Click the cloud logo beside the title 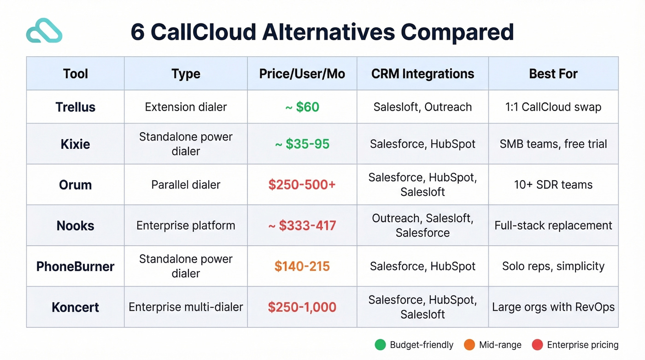(x=44, y=31)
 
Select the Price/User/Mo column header (x=302, y=74)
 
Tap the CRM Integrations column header (x=422, y=74)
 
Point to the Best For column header (x=553, y=74)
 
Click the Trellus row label (x=75, y=107)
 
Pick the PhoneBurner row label (x=75, y=266)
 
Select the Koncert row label (x=75, y=307)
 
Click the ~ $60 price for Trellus (x=302, y=107)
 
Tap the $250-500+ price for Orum (x=302, y=185)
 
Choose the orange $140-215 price (x=302, y=266)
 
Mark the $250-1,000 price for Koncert (x=302, y=307)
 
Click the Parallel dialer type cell (x=186, y=185)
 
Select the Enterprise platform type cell (x=186, y=225)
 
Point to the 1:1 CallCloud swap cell (x=553, y=107)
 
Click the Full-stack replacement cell (x=553, y=225)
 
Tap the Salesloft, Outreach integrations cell (x=422, y=107)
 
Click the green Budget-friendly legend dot (x=380, y=345)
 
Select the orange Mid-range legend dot (x=469, y=345)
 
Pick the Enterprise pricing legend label (x=582, y=345)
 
